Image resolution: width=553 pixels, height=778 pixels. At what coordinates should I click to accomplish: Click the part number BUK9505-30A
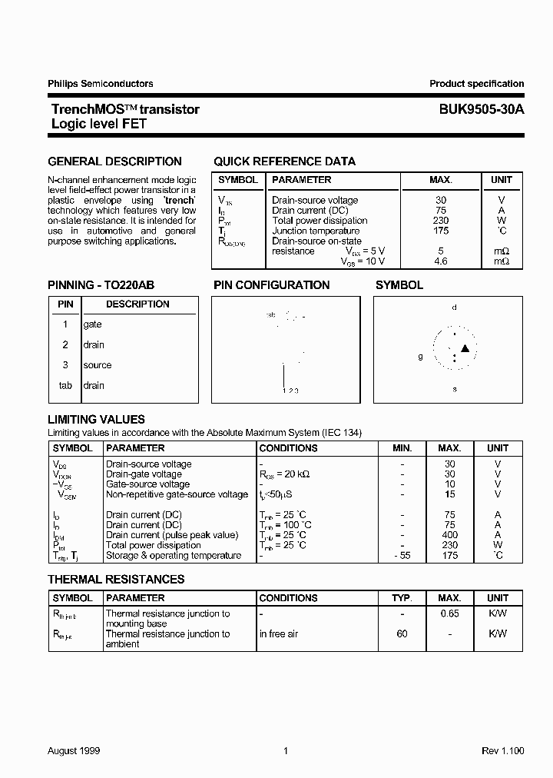476,109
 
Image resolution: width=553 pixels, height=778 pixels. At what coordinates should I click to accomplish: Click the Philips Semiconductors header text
101,84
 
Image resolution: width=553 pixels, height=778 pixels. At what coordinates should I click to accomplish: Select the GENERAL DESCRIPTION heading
114,161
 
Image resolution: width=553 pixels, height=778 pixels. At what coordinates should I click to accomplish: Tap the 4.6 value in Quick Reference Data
440,261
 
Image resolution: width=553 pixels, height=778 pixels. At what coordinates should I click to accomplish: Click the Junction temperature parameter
316,231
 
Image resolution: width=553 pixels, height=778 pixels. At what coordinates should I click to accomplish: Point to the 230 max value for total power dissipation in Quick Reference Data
440,221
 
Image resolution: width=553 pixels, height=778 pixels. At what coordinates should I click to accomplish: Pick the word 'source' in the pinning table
98,365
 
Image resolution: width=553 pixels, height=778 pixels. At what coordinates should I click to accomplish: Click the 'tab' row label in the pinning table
65,385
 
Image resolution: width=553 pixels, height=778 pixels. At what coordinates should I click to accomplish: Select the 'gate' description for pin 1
92,324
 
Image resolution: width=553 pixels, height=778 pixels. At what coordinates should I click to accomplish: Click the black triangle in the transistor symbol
464,350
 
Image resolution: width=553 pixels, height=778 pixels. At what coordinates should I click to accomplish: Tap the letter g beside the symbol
420,356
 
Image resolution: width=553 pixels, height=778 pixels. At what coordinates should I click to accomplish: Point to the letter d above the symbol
455,307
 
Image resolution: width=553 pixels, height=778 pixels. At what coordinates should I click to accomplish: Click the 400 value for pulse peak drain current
449,535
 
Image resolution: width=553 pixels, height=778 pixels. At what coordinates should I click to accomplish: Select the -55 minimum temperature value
401,555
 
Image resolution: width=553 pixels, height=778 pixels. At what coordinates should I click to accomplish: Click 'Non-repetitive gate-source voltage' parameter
177,494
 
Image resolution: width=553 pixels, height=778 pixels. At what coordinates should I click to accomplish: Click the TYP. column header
402,597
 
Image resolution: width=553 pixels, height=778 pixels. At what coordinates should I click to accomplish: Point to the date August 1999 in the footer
74,751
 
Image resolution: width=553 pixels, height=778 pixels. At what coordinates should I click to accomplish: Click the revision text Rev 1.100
502,751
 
